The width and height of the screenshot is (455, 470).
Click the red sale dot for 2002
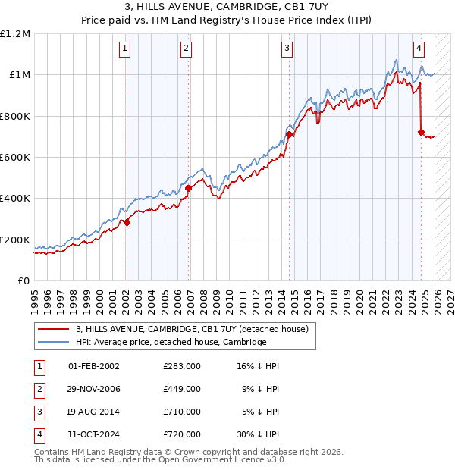(x=127, y=222)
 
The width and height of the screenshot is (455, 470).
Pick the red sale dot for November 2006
(x=189, y=189)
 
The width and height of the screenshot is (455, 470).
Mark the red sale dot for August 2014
(x=290, y=135)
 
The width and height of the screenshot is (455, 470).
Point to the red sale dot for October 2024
(x=421, y=133)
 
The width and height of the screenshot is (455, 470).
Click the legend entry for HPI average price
(x=171, y=342)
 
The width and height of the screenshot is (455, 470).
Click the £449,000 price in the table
(x=181, y=389)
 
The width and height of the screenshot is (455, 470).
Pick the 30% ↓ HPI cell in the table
(x=258, y=435)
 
